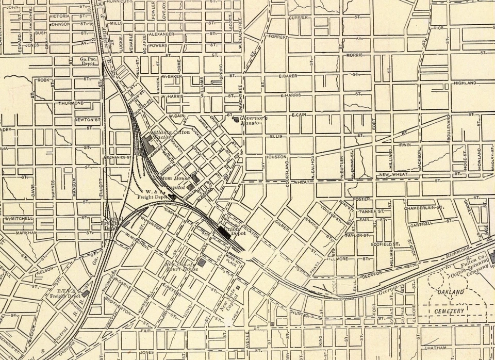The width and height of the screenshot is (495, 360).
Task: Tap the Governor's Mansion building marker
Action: coord(237,120)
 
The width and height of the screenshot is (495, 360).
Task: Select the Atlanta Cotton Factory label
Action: coord(171,135)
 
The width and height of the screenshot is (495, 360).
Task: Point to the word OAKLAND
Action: coord(450,292)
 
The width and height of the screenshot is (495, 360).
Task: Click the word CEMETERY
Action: coord(449,312)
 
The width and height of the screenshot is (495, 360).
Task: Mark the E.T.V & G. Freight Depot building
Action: coord(86,293)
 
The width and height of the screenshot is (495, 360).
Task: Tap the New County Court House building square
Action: coord(202,263)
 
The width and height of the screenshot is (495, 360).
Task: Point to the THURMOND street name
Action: coord(71,103)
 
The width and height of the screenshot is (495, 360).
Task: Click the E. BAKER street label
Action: coord(288,76)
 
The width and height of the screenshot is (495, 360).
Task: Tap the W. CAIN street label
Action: coord(176,116)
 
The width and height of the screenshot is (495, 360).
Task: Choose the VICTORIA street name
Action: coord(60,17)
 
